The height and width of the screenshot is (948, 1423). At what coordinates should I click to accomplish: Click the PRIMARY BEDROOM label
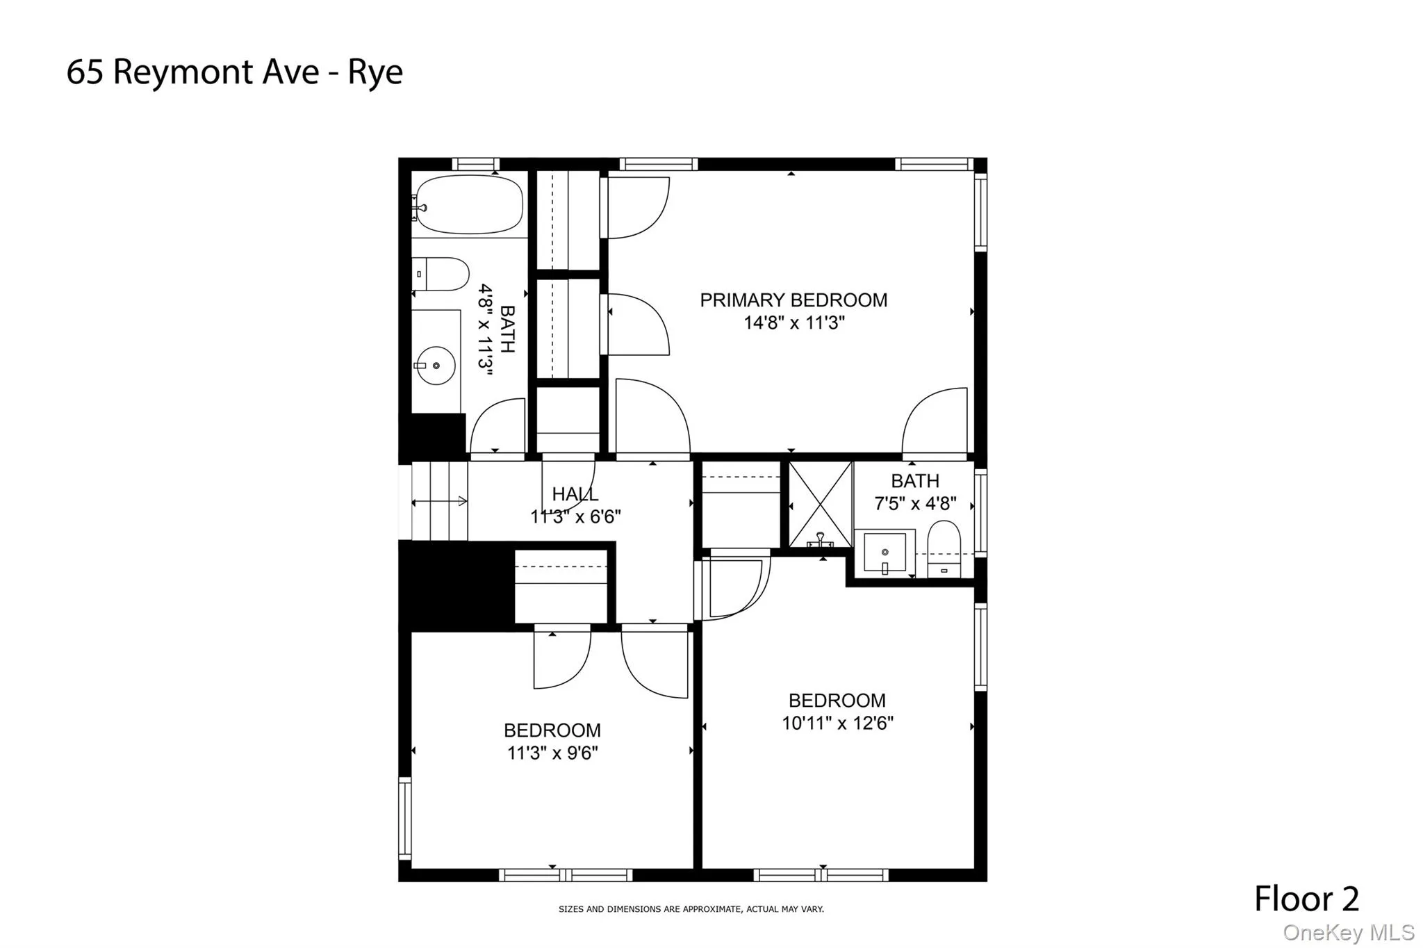[x=793, y=300]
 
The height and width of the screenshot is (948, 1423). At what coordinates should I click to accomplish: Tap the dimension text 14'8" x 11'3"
[x=793, y=323]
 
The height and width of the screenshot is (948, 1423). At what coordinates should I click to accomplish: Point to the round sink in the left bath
[x=436, y=365]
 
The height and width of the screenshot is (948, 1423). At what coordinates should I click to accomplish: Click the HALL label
[x=575, y=494]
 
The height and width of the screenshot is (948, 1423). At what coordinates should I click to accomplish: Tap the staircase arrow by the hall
[x=440, y=501]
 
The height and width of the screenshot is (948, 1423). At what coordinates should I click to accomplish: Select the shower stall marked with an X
[x=821, y=505]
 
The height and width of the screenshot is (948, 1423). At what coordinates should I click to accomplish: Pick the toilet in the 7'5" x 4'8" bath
[x=944, y=549]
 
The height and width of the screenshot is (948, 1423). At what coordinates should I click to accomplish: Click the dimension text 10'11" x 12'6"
[x=837, y=724]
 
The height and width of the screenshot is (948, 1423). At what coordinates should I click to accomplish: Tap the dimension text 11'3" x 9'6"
[x=552, y=753]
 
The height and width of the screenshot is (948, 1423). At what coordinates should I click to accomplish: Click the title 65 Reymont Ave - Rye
[x=234, y=72]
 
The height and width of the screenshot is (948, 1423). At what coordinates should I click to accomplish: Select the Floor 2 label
[x=1306, y=899]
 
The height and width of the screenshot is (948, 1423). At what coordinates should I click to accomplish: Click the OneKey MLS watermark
[x=1348, y=933]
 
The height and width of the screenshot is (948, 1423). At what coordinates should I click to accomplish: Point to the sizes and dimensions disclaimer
[x=691, y=909]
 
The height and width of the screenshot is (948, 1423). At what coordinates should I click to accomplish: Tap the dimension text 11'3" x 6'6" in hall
[x=575, y=517]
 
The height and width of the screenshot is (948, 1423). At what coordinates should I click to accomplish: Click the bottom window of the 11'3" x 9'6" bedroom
[x=566, y=875]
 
